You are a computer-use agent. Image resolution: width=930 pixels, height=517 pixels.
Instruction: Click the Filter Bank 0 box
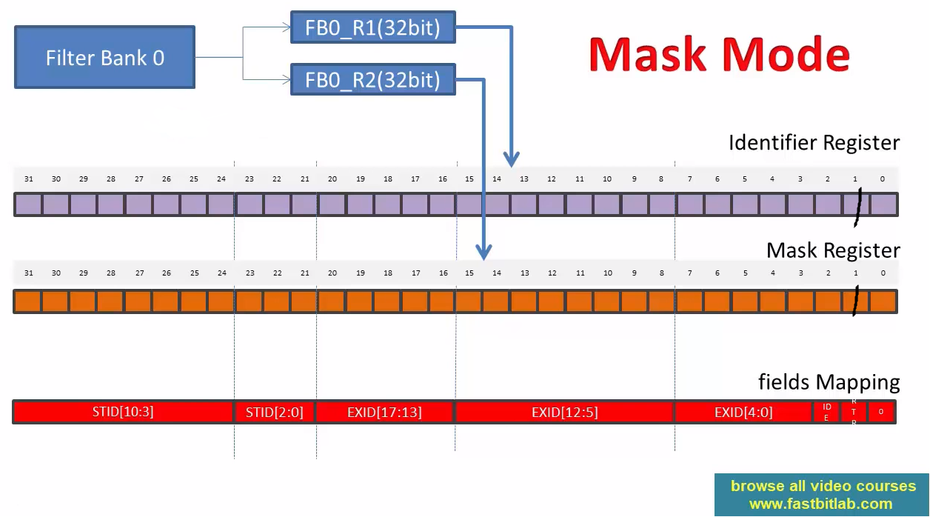coord(104,58)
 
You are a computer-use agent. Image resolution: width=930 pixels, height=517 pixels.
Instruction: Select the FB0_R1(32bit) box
coord(372,28)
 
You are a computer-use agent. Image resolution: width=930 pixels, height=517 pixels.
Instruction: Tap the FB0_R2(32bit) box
coord(372,79)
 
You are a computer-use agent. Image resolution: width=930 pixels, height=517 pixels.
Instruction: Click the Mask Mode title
coord(719,54)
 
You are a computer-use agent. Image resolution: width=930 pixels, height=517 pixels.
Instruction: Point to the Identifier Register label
coord(814,142)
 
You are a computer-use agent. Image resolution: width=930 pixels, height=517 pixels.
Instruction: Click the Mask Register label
coord(833,250)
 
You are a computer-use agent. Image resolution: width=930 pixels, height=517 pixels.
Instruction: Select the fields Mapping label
coord(829,382)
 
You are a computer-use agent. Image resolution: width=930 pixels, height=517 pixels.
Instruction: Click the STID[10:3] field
coord(123,412)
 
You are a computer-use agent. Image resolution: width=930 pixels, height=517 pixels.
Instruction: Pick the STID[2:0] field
coord(275,412)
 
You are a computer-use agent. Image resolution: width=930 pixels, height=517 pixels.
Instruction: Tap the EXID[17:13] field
coord(384,412)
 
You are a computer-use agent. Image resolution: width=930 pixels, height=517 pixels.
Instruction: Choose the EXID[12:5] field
coord(564,412)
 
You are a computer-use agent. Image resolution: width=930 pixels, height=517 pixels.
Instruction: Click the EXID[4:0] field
coord(743,412)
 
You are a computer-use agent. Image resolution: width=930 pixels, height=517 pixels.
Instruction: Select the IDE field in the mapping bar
coord(827,412)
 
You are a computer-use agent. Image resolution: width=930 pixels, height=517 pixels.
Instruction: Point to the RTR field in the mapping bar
coord(854,412)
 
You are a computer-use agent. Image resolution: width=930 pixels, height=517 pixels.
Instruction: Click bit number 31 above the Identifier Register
coord(28,179)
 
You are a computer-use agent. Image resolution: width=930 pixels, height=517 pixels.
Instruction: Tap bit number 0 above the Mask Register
coord(883,273)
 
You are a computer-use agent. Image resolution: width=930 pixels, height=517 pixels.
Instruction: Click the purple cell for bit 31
coord(28,204)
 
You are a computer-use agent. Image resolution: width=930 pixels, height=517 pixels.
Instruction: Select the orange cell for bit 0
coord(883,301)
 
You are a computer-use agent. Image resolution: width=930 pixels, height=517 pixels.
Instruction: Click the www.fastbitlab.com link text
coord(820,504)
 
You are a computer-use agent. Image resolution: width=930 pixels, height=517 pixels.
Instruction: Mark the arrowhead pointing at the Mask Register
coord(484,252)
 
